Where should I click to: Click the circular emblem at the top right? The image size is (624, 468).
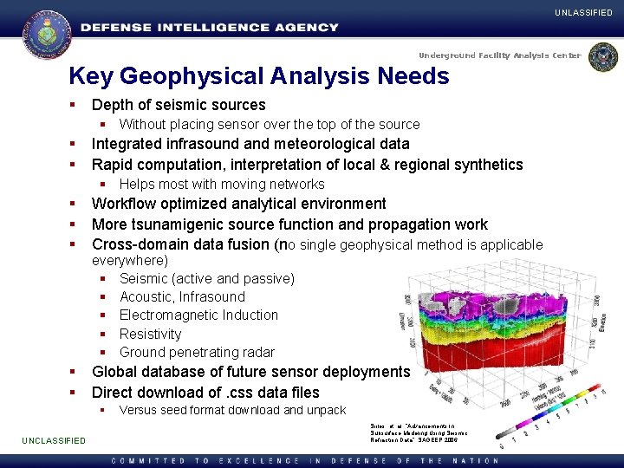tap(602, 57)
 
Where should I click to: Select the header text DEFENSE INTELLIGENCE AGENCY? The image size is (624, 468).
tap(210, 28)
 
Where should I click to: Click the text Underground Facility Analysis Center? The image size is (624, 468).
tap(501, 55)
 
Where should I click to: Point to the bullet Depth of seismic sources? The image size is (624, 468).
tap(179, 105)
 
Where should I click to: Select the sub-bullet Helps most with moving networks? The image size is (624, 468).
tap(221, 184)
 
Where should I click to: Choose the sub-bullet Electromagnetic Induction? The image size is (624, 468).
tap(198, 315)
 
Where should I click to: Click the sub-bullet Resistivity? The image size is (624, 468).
tap(150, 334)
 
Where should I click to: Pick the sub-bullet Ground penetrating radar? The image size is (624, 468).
tap(197, 352)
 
